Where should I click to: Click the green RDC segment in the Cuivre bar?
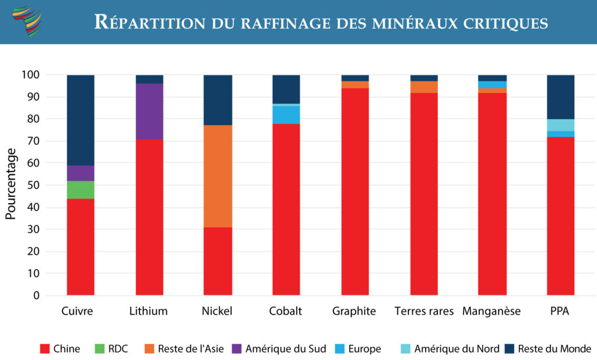pos(80,190)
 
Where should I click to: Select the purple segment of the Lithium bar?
pos(149,111)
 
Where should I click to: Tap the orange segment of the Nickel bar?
pos(217,176)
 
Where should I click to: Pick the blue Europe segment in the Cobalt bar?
pos(286,115)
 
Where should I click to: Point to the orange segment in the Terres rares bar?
pos(424,87)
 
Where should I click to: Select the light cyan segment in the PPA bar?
pos(560,125)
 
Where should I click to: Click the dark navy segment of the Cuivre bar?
pos(80,120)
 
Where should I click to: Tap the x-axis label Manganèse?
pos(492,312)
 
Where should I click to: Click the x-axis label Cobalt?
pos(286,312)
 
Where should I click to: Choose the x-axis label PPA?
pos(560,312)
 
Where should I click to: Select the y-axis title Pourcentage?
pos(11,184)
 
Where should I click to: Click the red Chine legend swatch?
pos(44,349)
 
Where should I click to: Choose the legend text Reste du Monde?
pos(554,349)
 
